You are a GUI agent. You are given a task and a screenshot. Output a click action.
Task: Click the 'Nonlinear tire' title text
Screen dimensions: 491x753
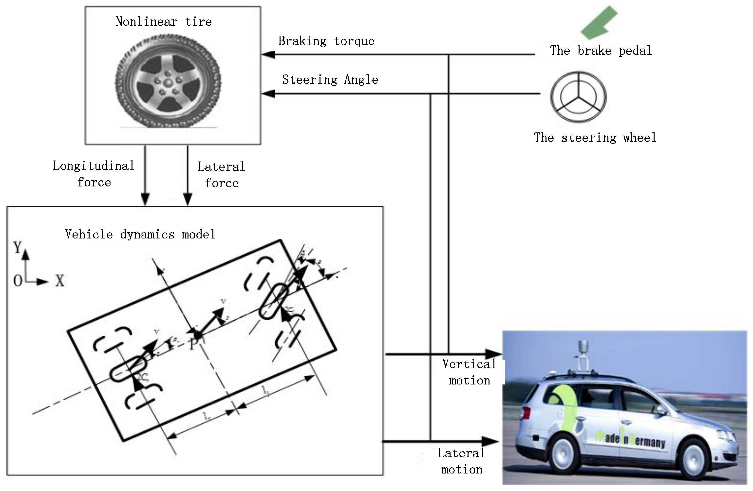tap(164, 21)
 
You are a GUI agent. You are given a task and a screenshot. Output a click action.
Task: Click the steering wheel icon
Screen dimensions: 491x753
tap(578, 97)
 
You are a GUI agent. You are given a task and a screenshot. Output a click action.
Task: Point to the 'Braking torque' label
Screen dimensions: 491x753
tap(326, 41)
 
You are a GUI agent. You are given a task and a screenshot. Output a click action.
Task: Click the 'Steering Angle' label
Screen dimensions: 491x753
tap(330, 80)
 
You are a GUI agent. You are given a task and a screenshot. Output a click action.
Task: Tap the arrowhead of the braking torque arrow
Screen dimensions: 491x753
tap(268, 55)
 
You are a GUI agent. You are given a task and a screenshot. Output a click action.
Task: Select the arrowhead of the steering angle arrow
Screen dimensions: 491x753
tap(268, 93)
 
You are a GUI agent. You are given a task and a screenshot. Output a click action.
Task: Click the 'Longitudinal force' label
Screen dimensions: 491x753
tap(94, 174)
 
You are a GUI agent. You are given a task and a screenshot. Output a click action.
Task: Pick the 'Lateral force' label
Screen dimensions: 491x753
tap(222, 175)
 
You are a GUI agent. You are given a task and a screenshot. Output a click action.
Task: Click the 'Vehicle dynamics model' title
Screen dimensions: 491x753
tap(140, 234)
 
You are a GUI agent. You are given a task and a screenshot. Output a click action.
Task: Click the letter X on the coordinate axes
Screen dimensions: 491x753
tap(60, 281)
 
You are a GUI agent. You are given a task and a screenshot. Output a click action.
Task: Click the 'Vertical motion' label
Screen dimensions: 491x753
tap(469, 372)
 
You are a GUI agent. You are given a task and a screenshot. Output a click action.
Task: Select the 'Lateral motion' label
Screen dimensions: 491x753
tap(462, 461)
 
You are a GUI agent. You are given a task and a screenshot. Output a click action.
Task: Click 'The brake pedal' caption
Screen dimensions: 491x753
tap(601, 51)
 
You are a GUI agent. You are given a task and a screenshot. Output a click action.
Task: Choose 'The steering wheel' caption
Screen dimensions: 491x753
tap(595, 138)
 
